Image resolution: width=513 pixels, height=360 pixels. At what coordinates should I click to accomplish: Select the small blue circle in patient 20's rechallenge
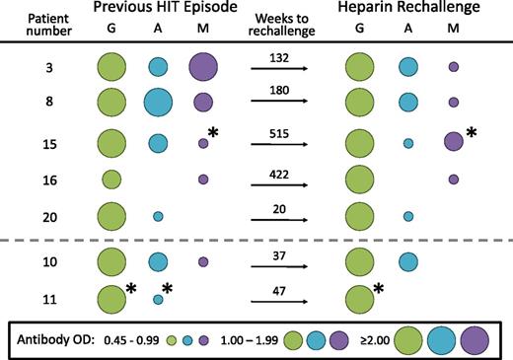[408, 215]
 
